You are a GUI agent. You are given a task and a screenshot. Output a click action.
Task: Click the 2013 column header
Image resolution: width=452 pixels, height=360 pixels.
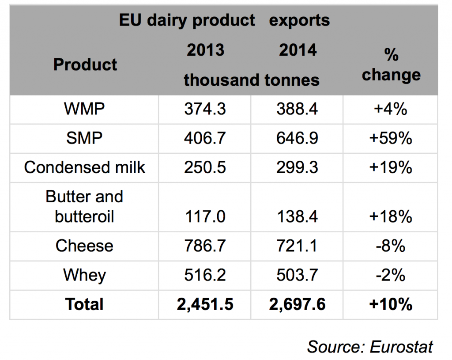coord(205,50)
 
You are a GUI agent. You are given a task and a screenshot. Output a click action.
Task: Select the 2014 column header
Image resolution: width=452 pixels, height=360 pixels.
coord(298,50)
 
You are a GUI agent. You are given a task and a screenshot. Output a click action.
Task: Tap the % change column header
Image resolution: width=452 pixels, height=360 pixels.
coord(391,65)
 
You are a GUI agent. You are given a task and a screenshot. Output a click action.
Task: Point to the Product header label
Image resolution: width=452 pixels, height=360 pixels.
coord(85,64)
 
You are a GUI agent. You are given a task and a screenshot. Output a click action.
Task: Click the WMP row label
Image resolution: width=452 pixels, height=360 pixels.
coord(84,109)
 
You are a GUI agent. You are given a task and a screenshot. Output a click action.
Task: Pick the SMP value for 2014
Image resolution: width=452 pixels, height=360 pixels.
coord(297,138)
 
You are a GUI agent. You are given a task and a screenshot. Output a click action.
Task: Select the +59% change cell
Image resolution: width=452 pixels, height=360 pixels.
coord(391,138)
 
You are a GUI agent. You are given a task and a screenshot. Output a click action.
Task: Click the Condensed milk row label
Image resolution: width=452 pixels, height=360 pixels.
coord(85,167)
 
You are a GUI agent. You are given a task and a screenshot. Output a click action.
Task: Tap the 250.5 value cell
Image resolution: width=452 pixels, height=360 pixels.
coord(205,167)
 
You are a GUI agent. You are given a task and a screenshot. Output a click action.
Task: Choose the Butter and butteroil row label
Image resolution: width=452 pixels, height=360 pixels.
coord(84,206)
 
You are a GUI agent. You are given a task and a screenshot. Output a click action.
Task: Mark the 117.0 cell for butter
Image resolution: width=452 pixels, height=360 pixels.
coord(205,216)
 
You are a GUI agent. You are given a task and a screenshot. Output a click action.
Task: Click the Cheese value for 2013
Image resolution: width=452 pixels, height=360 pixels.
coord(205,246)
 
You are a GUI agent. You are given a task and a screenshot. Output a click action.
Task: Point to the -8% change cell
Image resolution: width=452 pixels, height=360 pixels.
coord(391,246)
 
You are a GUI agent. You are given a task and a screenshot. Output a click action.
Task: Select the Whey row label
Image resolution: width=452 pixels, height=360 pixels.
coord(84,275)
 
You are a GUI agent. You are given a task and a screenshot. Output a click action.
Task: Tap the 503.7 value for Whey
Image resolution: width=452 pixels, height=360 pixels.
coord(297,275)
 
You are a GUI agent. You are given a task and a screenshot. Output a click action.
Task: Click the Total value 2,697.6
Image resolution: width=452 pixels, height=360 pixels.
coord(297,304)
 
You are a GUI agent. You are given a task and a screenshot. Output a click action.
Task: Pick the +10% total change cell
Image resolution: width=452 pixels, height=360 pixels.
coord(391,304)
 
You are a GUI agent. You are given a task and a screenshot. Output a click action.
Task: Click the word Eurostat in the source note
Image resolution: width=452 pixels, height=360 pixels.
coord(402,346)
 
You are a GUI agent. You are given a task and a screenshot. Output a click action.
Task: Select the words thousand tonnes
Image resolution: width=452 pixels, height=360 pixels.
coord(252,80)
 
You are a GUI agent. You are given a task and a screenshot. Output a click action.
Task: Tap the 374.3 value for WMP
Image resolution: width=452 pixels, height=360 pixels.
coord(205,109)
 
